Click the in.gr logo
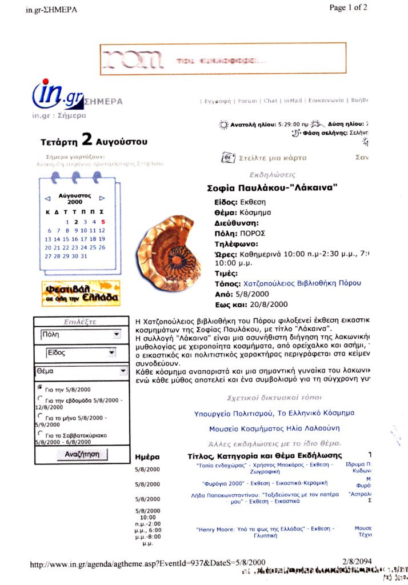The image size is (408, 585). coord(58,93)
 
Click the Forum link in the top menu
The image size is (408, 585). coord(247,101)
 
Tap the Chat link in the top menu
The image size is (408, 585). coord(270,101)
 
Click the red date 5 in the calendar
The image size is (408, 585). coord(103,222)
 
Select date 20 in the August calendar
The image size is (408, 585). coord(48,247)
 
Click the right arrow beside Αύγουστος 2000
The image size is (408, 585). coord(102,198)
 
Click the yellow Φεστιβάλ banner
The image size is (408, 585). coord(80,293)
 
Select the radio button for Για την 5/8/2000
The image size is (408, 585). coord(39,388)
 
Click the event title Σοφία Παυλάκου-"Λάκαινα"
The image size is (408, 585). coord(272,187)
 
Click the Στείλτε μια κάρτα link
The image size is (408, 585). coord(264,158)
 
